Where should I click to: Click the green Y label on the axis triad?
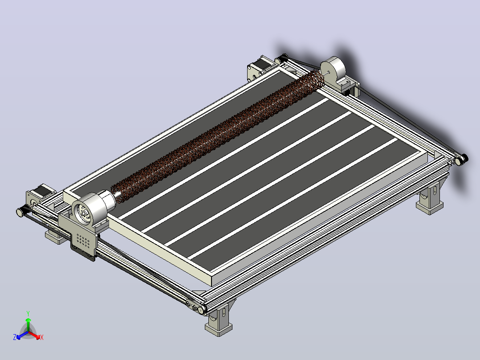[x=28, y=313]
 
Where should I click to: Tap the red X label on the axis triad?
[x=42, y=337]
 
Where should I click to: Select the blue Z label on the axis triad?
[x=14, y=337]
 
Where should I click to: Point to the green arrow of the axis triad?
[x=28, y=324]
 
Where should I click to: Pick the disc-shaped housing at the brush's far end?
[x=334, y=69]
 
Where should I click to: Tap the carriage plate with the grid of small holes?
[x=83, y=242]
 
